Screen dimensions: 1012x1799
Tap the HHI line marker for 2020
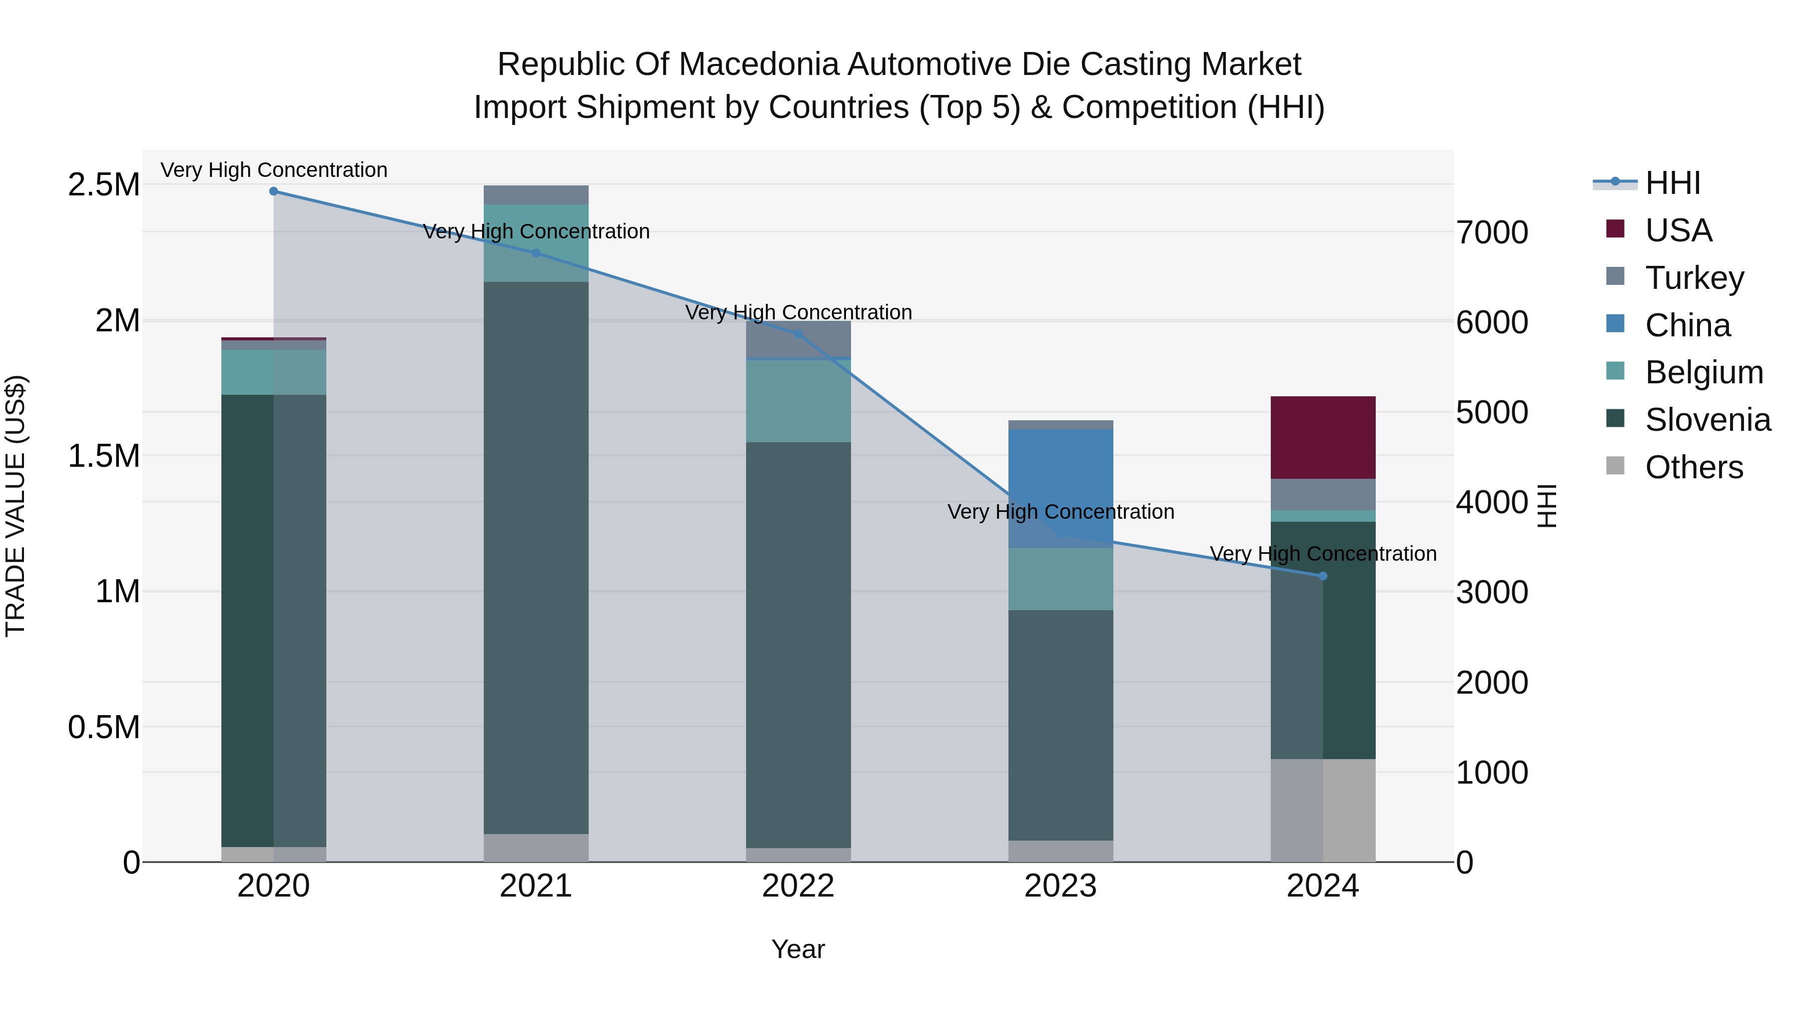pyautogui.click(x=274, y=191)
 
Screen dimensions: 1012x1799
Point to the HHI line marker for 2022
pyautogui.click(x=798, y=334)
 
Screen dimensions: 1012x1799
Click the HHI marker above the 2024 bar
pyautogui.click(x=1323, y=576)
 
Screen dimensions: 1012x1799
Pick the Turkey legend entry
pyautogui.click(x=1694, y=278)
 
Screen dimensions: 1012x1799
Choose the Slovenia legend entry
pyautogui.click(x=1707, y=420)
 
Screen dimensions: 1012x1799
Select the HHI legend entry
pyautogui.click(x=1672, y=183)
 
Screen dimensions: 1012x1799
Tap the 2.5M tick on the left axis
pyautogui.click(x=103, y=185)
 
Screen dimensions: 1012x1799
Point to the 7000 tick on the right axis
pyautogui.click(x=1492, y=232)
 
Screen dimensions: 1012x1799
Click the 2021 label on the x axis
pyautogui.click(x=536, y=886)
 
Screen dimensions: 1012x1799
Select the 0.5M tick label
pyautogui.click(x=103, y=727)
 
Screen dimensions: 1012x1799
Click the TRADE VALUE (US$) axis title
pyautogui.click(x=16, y=506)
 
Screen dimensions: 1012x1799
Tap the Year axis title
pyautogui.click(x=798, y=949)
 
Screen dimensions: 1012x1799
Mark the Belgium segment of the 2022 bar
pyautogui.click(x=798, y=401)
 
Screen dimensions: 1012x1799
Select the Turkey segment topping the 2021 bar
pyautogui.click(x=536, y=195)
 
